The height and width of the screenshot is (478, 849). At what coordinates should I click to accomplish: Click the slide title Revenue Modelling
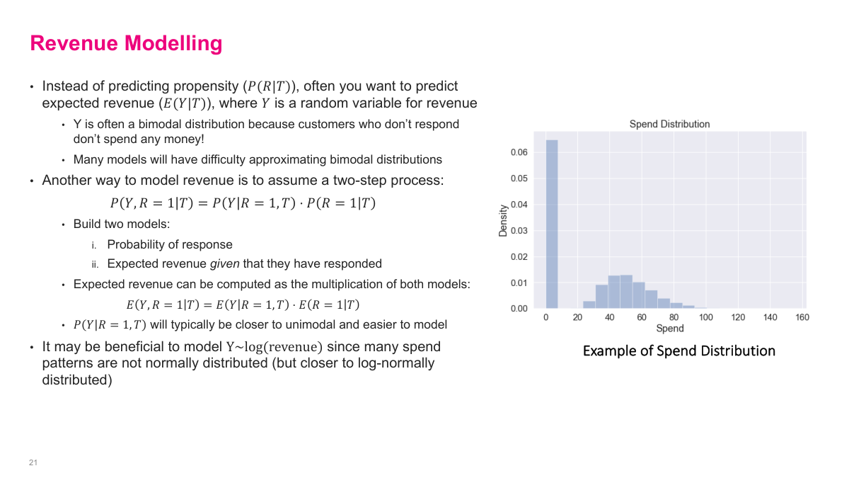[126, 44]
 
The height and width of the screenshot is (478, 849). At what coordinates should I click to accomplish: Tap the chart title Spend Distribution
[669, 124]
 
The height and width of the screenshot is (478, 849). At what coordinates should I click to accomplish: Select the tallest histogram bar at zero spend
[551, 224]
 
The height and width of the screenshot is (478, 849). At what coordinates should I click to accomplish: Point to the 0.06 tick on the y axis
[519, 152]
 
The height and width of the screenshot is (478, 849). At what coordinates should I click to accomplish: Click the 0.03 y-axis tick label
[519, 231]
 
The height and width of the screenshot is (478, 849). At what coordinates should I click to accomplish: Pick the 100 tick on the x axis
[705, 318]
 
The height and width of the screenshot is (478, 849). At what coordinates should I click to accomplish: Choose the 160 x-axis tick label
[802, 318]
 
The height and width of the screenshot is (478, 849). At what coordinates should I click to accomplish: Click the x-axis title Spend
[669, 329]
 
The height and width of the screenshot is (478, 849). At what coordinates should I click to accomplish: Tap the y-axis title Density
[504, 220]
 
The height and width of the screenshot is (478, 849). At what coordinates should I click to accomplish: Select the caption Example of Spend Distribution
[678, 351]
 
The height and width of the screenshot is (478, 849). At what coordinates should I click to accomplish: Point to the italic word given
[225, 264]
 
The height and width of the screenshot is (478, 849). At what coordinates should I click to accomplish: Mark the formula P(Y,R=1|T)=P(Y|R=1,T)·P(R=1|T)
[243, 203]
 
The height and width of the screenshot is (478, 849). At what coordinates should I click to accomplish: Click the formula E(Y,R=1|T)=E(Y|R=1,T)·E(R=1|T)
[243, 305]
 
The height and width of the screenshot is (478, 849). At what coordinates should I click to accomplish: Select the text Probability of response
[170, 245]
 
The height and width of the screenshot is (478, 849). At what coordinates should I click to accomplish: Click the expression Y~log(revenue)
[274, 347]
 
